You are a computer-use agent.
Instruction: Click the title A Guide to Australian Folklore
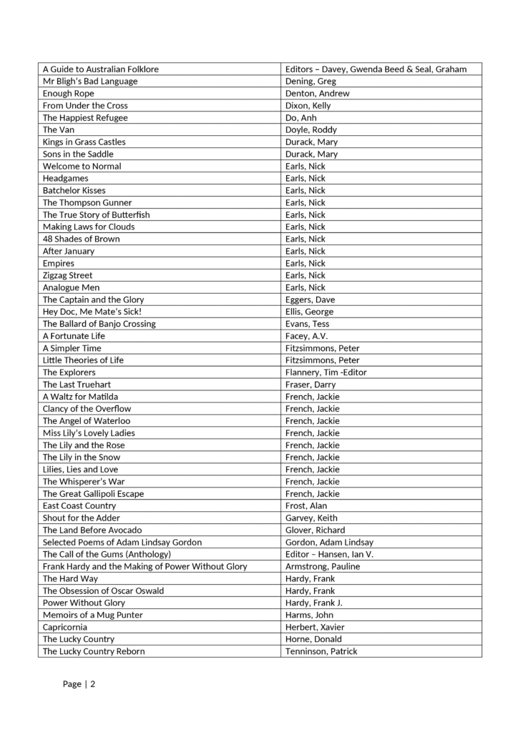point(101,69)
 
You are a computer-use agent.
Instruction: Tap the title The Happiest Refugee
point(85,118)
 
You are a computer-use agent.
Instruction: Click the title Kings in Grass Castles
point(84,142)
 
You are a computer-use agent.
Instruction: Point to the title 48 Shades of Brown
point(81,239)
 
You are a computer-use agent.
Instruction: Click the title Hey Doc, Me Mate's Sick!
point(92,312)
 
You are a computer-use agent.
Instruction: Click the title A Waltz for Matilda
point(81,397)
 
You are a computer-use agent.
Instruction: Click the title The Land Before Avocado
point(93,530)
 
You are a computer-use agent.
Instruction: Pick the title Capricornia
point(65,627)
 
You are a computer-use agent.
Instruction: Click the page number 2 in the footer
point(92,684)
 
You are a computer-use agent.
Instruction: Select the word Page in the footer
point(72,684)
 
